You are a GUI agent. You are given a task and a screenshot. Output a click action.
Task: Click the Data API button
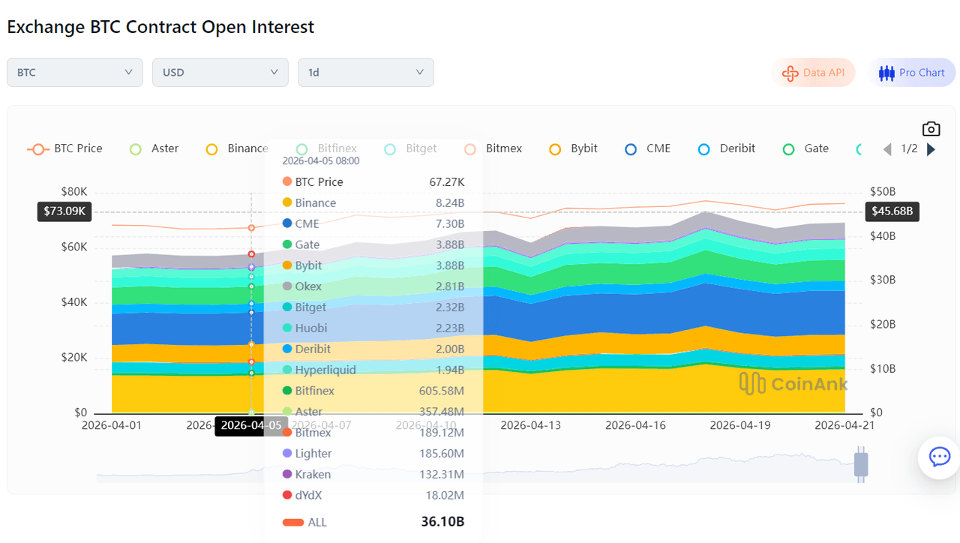click(813, 73)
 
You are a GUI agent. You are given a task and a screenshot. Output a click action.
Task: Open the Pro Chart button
click(912, 73)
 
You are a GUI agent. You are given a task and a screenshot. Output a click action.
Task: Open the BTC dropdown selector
click(74, 73)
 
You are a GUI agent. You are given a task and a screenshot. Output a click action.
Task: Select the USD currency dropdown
click(220, 73)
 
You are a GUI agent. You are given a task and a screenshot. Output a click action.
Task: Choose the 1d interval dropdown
click(365, 73)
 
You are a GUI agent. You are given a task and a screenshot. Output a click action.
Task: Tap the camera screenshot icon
click(931, 129)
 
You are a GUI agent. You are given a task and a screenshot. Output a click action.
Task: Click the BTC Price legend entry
click(65, 148)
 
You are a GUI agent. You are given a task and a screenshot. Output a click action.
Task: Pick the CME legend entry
click(649, 148)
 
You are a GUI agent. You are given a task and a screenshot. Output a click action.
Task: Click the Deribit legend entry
click(727, 148)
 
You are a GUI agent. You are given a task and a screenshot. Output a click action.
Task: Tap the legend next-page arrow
click(931, 149)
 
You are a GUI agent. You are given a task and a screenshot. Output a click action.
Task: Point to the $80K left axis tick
click(73, 191)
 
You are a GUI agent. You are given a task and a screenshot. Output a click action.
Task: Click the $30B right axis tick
click(882, 280)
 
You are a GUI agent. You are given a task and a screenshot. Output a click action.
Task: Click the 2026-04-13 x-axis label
click(530, 425)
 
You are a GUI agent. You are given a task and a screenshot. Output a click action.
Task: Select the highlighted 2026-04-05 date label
click(251, 426)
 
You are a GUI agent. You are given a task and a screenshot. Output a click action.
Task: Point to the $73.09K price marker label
click(64, 211)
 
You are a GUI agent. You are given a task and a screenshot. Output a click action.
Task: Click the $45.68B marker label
click(892, 211)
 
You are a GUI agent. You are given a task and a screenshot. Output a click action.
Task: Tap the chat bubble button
click(939, 457)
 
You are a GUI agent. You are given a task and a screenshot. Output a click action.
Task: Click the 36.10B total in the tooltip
click(442, 522)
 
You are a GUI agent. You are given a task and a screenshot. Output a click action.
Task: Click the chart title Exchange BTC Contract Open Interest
click(160, 27)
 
